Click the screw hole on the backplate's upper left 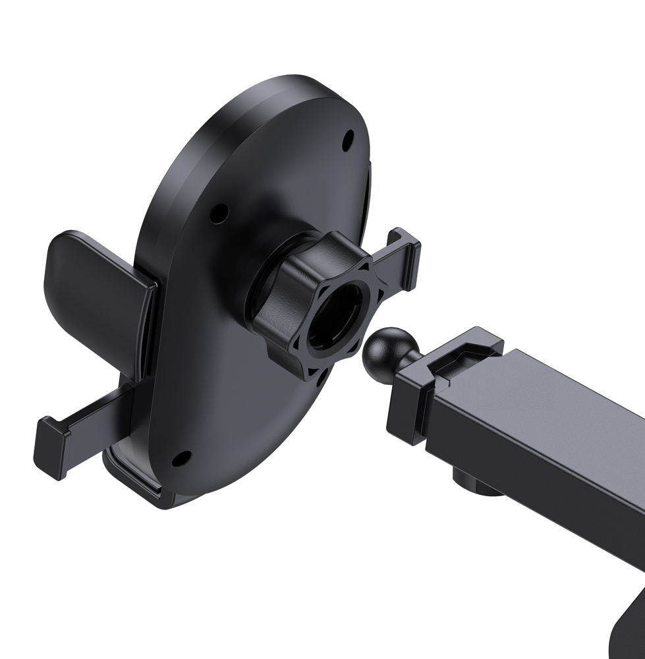pos(219,212)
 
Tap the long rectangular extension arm pos(540,428)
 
